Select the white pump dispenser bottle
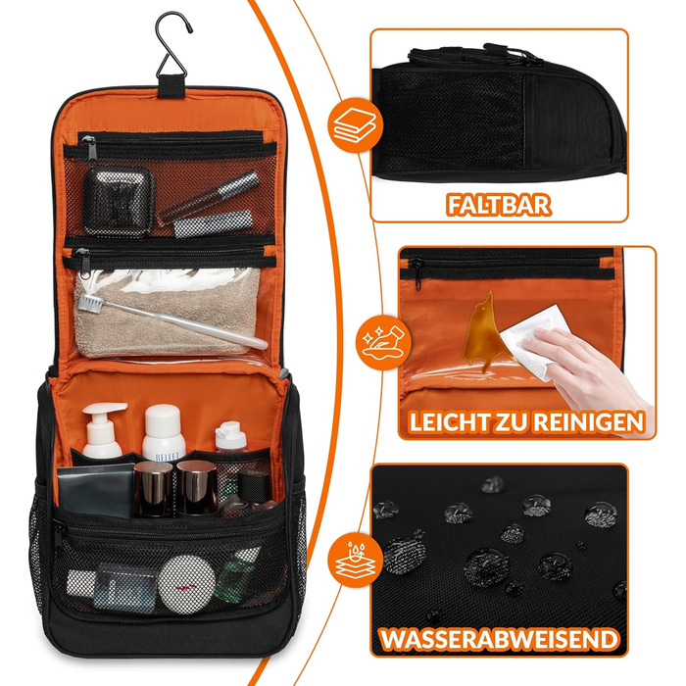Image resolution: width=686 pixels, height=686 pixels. pos(103,430)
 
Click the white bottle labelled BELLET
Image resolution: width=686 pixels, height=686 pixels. pos(164,432)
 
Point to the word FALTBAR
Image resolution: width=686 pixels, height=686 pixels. pos(498,205)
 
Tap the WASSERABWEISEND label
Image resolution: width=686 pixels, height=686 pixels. pos(499,639)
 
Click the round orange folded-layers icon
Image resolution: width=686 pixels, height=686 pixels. pos(355,125)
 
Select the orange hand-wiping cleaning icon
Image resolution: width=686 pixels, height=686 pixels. pos(385,342)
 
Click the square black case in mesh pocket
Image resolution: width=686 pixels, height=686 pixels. pos(119,201)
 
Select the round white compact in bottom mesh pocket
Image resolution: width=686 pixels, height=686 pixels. pos(186,584)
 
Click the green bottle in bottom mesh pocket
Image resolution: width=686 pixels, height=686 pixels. pos(235,575)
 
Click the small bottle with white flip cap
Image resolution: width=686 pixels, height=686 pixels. pos(230,437)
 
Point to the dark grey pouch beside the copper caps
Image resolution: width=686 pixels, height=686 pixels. pos(95,490)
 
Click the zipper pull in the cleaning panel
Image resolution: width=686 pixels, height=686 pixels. pos(416,273)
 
